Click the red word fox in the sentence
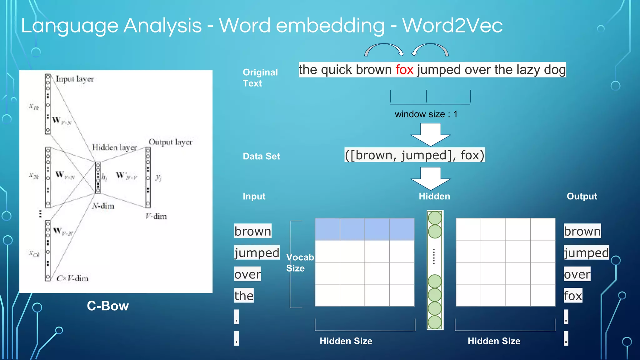404,70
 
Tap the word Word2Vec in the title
452,25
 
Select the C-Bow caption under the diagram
108,306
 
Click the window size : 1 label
426,114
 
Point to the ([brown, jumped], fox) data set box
414,155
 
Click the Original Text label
260,78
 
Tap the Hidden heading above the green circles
434,196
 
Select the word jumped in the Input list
257,252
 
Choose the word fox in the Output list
573,296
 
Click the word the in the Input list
244,296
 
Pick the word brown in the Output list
582,231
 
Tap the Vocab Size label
300,262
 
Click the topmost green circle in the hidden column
435,218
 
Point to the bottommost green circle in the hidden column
435,322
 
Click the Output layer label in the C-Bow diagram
171,142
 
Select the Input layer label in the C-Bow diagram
75,79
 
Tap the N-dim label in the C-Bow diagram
103,206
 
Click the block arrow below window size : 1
430,134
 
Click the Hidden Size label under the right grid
494,341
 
